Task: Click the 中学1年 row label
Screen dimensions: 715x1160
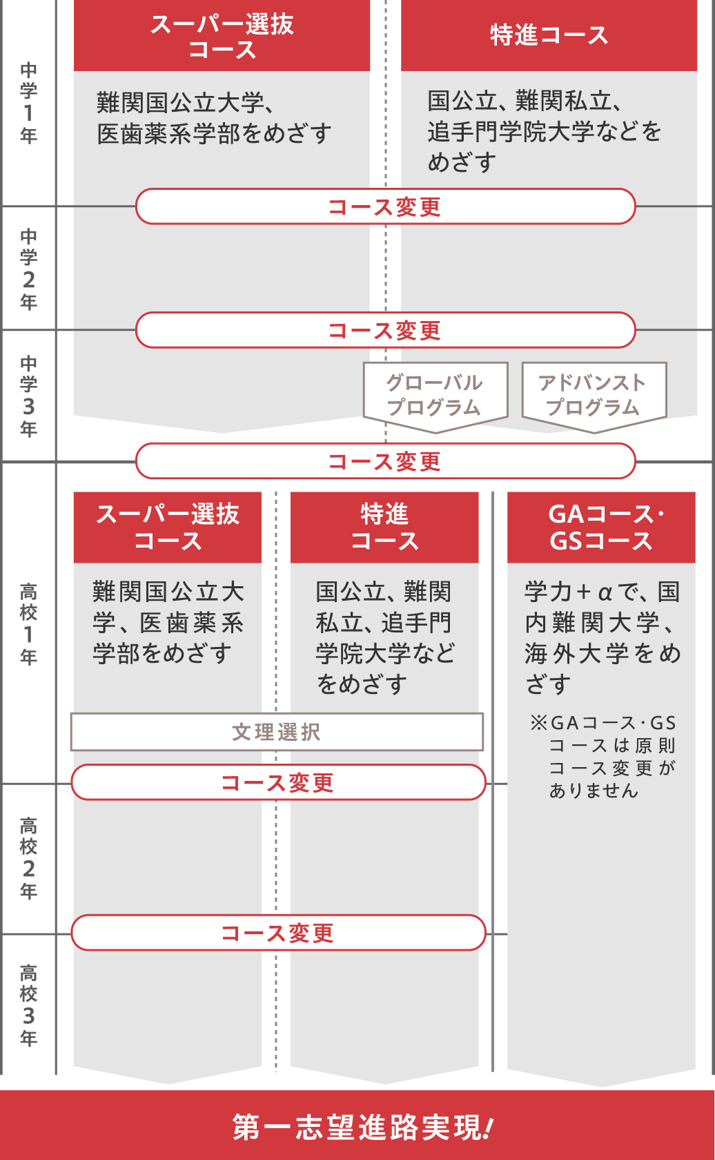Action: coord(28,103)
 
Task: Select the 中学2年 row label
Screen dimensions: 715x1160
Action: coord(28,269)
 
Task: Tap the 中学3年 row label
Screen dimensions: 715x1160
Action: coord(28,396)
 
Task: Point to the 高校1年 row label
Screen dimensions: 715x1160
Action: coord(28,624)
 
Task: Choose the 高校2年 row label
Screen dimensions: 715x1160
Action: coord(28,859)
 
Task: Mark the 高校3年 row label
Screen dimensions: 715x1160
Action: coord(28,1005)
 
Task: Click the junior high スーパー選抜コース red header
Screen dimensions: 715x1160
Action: coord(222,36)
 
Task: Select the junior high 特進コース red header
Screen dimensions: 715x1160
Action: coord(549,36)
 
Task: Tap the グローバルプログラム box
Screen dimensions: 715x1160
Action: coord(435,397)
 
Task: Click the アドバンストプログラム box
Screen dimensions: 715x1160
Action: coord(594,397)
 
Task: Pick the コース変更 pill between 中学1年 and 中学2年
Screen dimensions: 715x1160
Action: coord(386,206)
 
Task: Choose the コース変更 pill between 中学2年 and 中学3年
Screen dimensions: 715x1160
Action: coord(386,330)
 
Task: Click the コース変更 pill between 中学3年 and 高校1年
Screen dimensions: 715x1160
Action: coord(386,461)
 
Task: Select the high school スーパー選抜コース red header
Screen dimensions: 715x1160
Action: coord(167,528)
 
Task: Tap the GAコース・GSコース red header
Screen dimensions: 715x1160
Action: coord(601,528)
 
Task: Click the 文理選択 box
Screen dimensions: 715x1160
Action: coord(277,732)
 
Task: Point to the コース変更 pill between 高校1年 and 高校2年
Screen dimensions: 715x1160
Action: coord(279,782)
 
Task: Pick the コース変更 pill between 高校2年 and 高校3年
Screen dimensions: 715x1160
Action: coord(279,933)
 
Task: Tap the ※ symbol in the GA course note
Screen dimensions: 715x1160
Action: coord(538,722)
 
